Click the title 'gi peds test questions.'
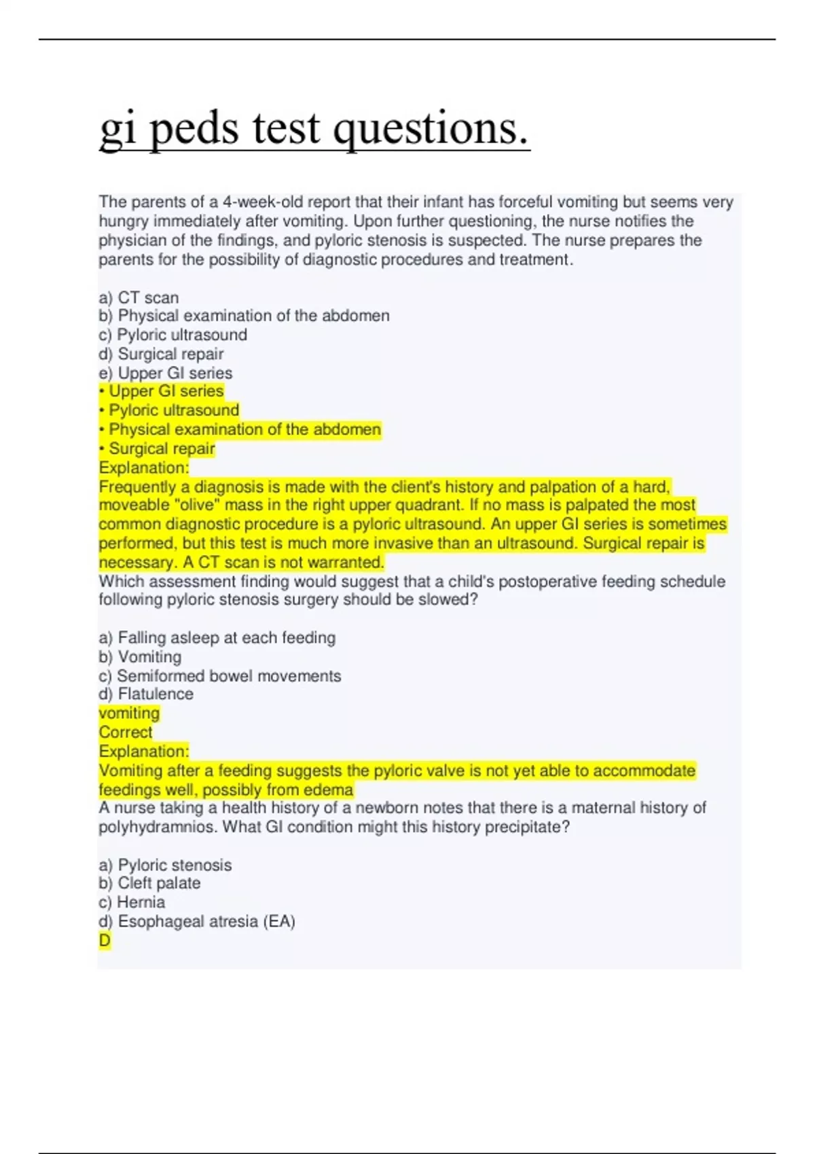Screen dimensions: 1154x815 pyautogui.click(x=314, y=129)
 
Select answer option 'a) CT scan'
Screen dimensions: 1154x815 pyautogui.click(x=139, y=297)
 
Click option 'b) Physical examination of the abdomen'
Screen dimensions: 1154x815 pyautogui.click(x=244, y=316)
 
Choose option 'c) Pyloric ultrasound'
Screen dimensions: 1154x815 pyautogui.click(x=173, y=335)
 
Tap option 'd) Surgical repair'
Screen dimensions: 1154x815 pyautogui.click(x=161, y=354)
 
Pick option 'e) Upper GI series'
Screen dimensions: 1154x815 pyautogui.click(x=166, y=373)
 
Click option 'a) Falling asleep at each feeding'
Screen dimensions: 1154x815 pyautogui.click(x=217, y=637)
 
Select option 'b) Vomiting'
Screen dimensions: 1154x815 pyautogui.click(x=140, y=656)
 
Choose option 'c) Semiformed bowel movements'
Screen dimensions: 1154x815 pyautogui.click(x=220, y=675)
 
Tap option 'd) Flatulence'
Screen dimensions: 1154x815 pyautogui.click(x=146, y=694)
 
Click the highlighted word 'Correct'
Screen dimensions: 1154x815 pyautogui.click(x=126, y=732)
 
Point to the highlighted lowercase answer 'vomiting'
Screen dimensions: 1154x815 pyautogui.click(x=129, y=713)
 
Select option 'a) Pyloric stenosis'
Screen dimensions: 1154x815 pyautogui.click(x=165, y=865)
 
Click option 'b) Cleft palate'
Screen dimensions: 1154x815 pyautogui.click(x=149, y=883)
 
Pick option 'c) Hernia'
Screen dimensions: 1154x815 pyautogui.click(x=132, y=902)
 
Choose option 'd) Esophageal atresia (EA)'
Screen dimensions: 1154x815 pyautogui.click(x=197, y=921)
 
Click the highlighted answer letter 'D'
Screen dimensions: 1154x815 pyautogui.click(x=105, y=940)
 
